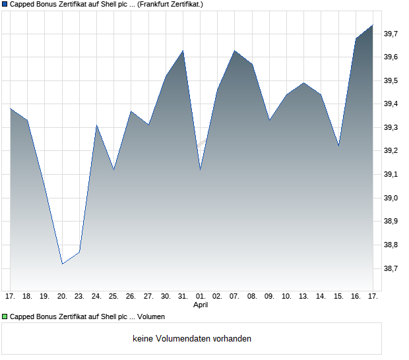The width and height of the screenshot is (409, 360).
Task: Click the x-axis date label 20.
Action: [62, 297]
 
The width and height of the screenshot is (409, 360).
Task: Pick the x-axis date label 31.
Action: [183, 297]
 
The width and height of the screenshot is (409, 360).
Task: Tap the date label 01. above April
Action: [201, 297]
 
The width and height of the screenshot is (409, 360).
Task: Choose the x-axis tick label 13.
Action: [304, 297]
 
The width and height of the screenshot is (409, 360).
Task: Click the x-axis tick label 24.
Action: [96, 297]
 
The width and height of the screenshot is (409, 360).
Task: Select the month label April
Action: [201, 305]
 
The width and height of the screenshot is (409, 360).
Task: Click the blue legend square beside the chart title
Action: [5, 4]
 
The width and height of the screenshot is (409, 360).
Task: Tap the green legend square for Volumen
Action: [5, 316]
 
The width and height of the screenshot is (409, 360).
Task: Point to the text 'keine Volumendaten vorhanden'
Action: [191, 339]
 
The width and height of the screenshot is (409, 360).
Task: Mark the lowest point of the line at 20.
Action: [62, 264]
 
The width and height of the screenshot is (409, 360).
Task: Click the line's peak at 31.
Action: [183, 50]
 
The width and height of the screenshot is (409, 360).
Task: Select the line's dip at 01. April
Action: [201, 169]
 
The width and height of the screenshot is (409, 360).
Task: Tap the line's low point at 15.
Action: [338, 146]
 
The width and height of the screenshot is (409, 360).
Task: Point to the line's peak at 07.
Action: [235, 50]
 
